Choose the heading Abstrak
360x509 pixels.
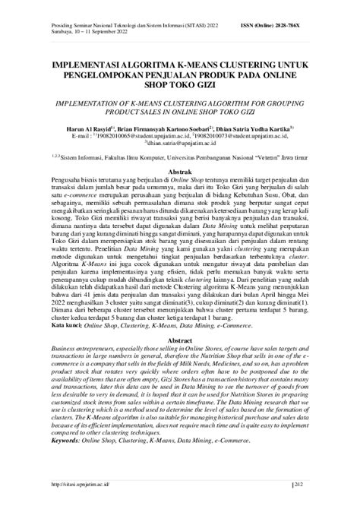[179, 173]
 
